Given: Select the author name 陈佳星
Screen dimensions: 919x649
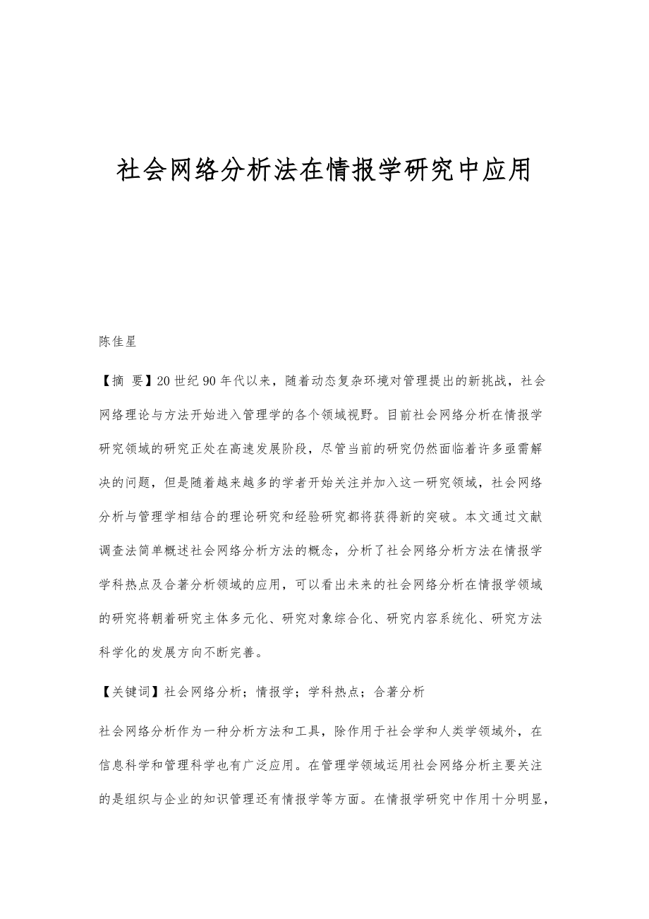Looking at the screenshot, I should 118,342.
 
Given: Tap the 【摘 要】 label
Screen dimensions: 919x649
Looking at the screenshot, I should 126,381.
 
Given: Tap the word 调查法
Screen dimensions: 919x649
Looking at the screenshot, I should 123,551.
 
